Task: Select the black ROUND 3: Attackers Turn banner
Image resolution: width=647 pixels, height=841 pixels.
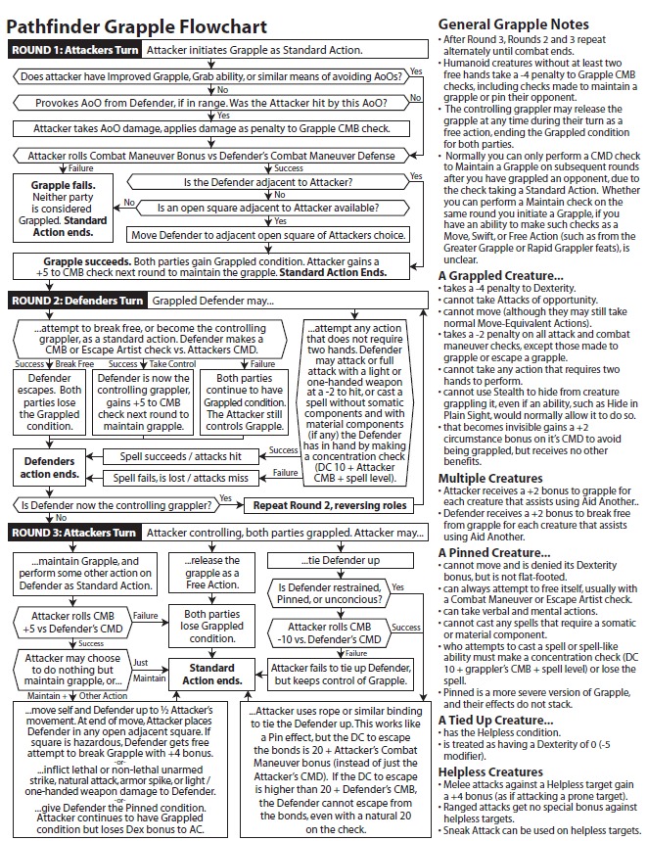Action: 76,533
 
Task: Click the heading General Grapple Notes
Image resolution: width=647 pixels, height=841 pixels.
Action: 513,24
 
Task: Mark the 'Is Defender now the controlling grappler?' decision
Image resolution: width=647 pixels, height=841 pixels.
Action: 116,505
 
